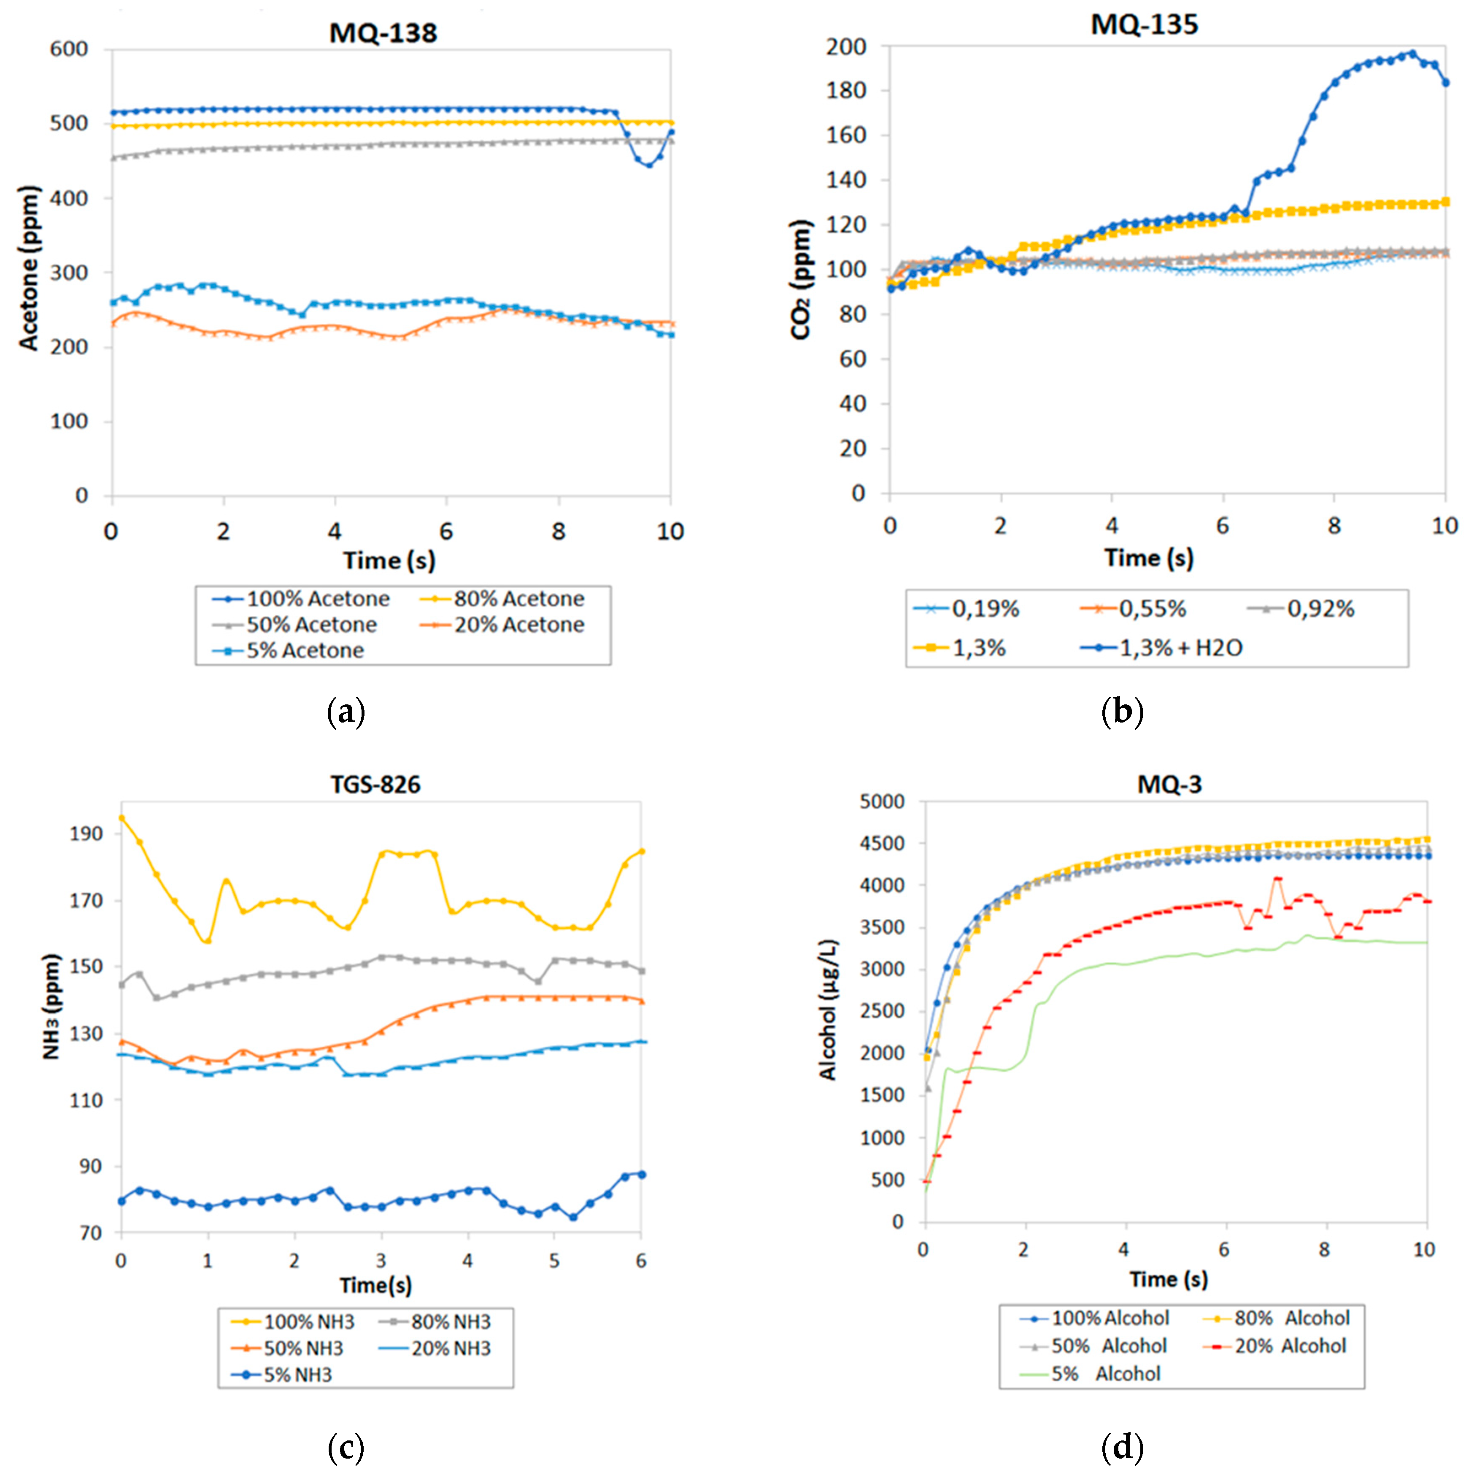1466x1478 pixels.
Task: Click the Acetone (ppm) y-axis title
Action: point(29,268)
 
